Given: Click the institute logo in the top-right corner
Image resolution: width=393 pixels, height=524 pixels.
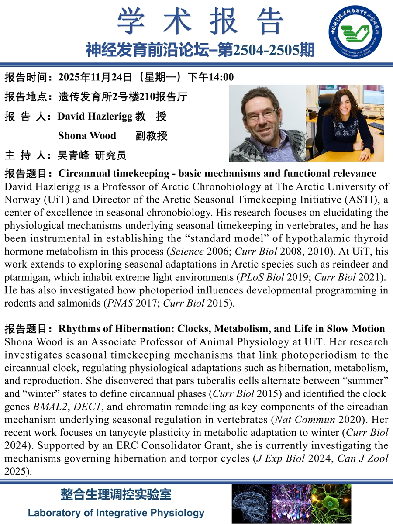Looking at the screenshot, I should pos(355,34).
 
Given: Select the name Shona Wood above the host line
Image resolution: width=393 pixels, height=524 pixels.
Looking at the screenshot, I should pos(87,136).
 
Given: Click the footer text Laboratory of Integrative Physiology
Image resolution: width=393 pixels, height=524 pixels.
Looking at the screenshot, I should pos(116,513).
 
